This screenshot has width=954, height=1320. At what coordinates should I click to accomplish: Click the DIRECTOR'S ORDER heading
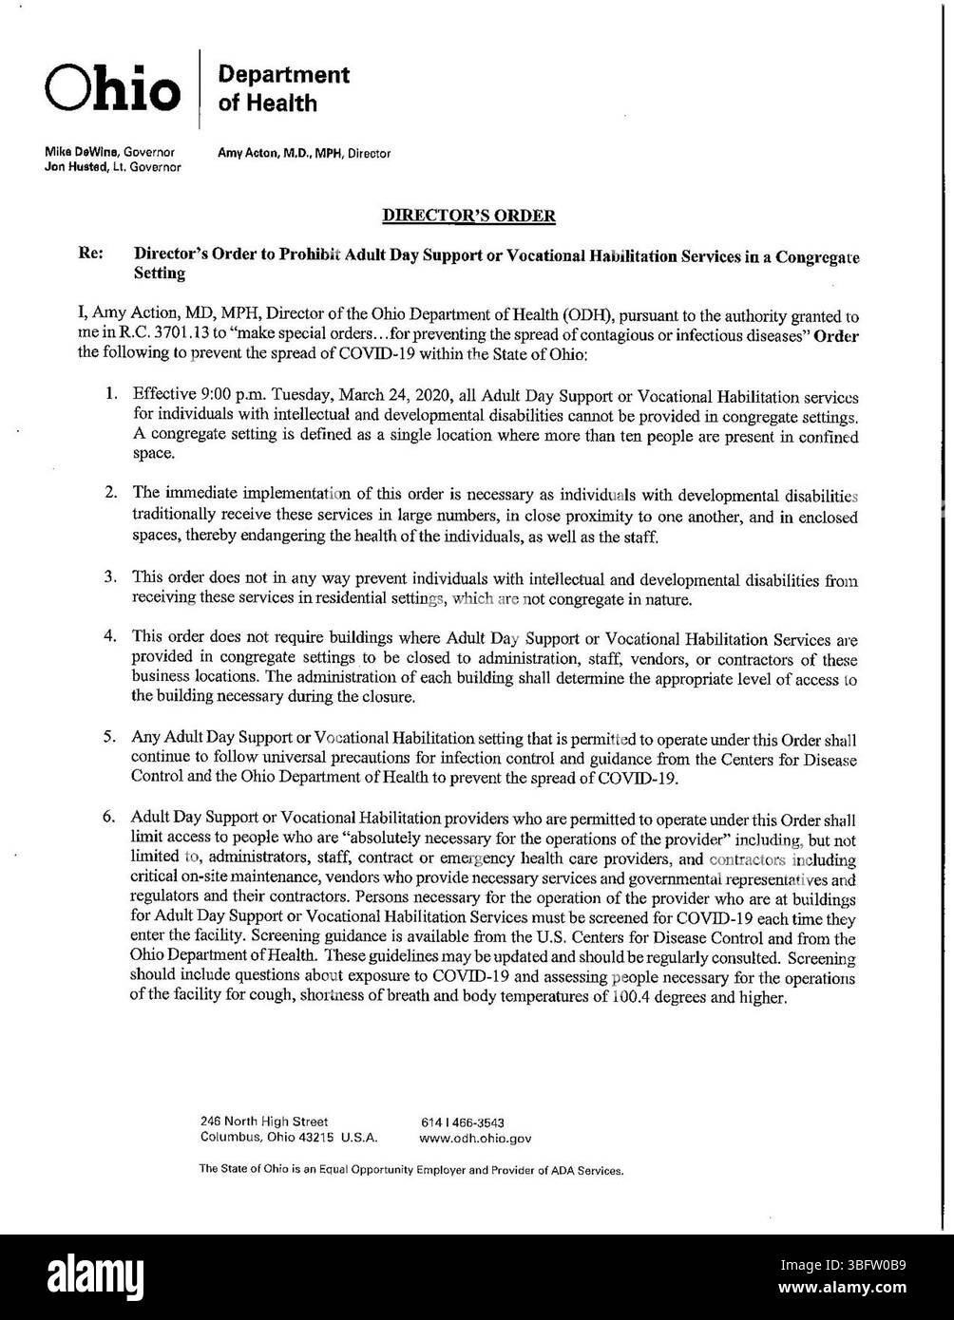[468, 216]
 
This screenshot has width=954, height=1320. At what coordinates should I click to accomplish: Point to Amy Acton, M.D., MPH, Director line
[304, 153]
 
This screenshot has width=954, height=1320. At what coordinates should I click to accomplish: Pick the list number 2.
[111, 492]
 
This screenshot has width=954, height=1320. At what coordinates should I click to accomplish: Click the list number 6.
[111, 816]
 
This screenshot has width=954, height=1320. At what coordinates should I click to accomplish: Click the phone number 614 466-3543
[462, 1122]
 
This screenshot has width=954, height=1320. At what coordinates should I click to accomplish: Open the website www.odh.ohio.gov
[475, 1137]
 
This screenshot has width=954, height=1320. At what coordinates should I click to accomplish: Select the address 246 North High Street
[264, 1122]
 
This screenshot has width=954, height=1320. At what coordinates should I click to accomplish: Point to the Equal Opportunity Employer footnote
[410, 1171]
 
